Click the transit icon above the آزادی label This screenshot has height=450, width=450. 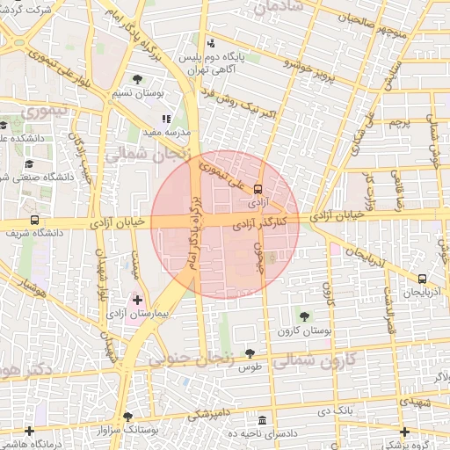click(x=258, y=188)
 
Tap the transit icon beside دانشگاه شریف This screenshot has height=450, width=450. click(x=34, y=221)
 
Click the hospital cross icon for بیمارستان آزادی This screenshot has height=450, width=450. click(x=136, y=300)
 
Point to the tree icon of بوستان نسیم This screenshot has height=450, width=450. click(x=136, y=80)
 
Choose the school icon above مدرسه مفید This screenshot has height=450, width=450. click(x=165, y=118)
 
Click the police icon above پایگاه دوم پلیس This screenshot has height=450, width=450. click(x=209, y=43)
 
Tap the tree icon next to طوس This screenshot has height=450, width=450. click(x=250, y=352)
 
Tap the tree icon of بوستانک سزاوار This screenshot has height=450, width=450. click(x=128, y=417)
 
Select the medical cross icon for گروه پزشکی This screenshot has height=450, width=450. click(x=404, y=432)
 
